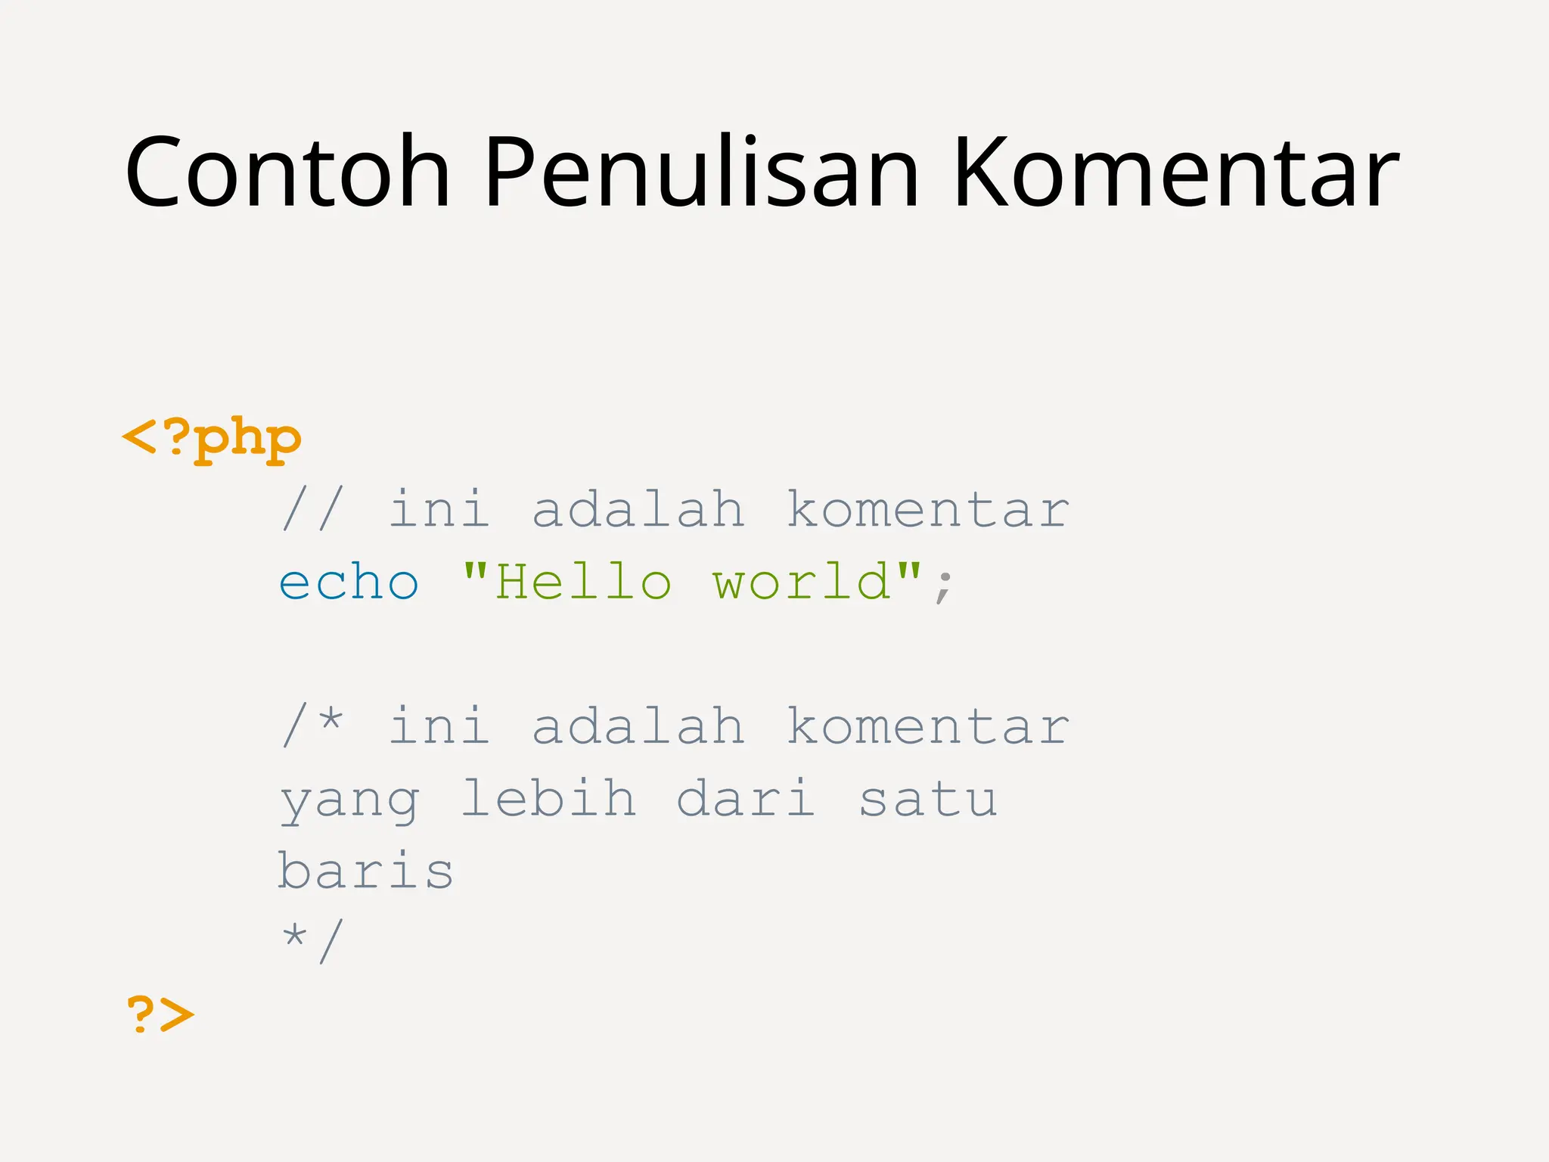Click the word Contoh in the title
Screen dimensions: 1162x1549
pos(287,172)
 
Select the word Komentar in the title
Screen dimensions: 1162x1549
pos(1176,172)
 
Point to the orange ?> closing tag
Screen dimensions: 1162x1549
pos(160,1014)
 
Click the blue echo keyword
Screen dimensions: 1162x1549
pos(349,583)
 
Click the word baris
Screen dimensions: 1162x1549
pos(365,870)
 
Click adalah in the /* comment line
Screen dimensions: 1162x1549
pos(638,725)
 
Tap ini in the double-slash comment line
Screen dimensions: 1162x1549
pos(439,508)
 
